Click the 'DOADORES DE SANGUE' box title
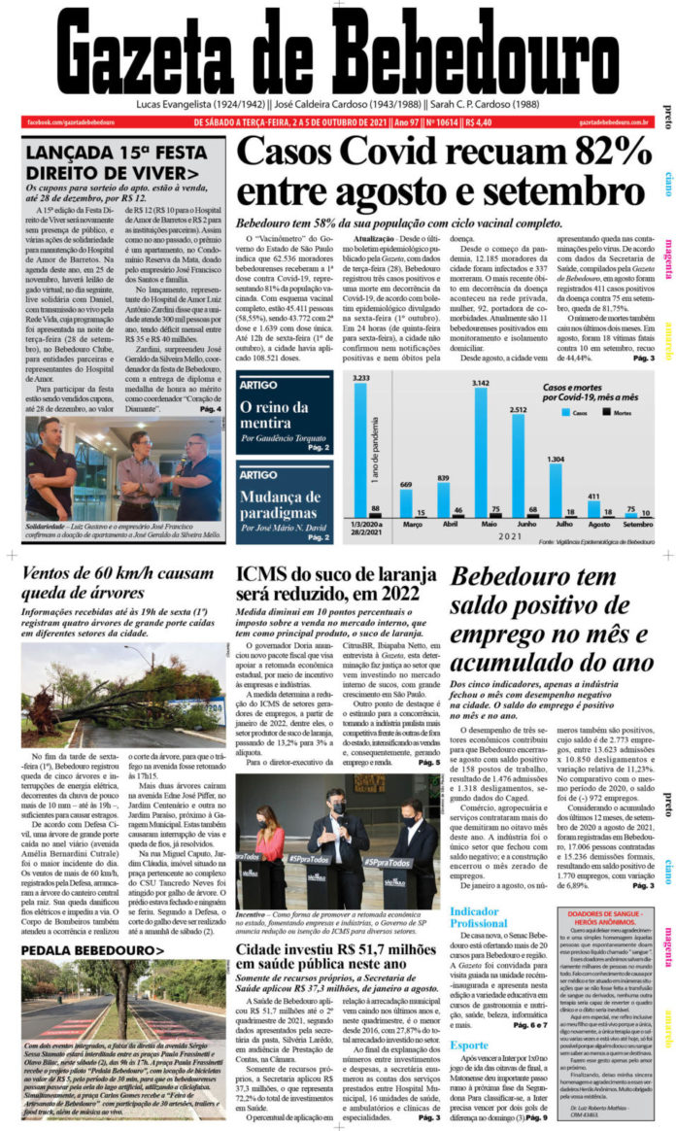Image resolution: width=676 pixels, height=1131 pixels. tap(608, 914)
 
